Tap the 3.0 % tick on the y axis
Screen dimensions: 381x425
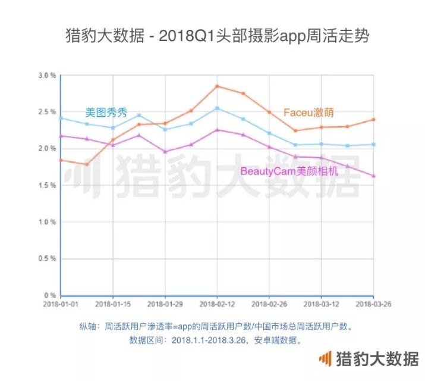coord(48,76)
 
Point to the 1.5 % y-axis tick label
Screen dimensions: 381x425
coord(48,185)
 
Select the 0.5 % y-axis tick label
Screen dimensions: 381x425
coord(48,258)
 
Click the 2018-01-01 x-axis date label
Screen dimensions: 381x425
coord(61,304)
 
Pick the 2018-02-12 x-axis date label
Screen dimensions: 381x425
coord(217,304)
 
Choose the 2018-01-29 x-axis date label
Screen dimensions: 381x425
coord(165,304)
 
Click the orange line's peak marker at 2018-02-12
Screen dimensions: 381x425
coord(217,86)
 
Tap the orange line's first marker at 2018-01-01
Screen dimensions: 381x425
coord(61,160)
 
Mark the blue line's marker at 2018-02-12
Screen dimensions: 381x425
coord(217,108)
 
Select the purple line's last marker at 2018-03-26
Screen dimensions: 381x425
coord(373,176)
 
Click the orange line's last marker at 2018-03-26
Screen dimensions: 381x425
coord(373,119)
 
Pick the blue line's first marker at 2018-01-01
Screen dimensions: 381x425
coord(61,118)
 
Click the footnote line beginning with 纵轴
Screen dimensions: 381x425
coord(215,327)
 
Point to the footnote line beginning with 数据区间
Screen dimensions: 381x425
coord(215,341)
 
